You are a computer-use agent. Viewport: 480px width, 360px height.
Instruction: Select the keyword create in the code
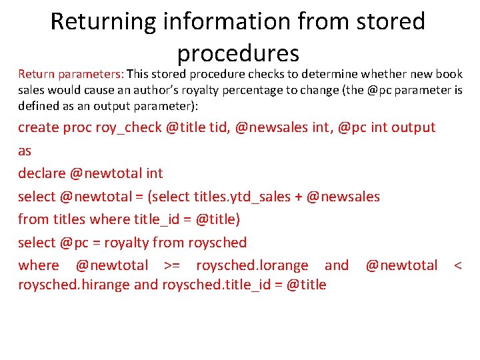39,127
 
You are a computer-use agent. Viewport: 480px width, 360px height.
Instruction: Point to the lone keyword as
25,151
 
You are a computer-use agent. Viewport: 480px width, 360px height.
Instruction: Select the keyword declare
41,173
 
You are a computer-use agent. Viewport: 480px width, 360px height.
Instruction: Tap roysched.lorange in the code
252,265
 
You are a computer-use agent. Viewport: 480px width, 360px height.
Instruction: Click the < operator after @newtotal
457,265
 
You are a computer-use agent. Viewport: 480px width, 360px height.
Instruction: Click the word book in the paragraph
449,73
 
